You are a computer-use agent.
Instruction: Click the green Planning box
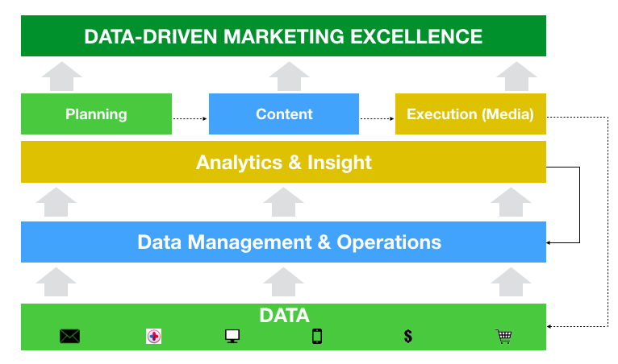(x=96, y=114)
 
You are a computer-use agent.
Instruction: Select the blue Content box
(x=284, y=114)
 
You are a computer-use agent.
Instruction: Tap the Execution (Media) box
(x=470, y=114)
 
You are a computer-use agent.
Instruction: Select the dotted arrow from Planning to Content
(x=190, y=118)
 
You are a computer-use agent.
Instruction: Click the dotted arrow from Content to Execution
(x=377, y=118)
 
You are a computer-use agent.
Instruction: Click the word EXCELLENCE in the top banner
(x=420, y=36)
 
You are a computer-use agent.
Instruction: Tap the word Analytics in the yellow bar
(x=239, y=162)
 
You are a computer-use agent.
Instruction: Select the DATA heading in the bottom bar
(x=284, y=316)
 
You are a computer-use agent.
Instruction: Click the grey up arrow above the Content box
(x=284, y=78)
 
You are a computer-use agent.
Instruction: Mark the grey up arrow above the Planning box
(x=61, y=78)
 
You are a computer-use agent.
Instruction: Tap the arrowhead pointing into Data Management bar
(x=551, y=242)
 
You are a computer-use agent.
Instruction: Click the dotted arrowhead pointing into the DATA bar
(x=551, y=326)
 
